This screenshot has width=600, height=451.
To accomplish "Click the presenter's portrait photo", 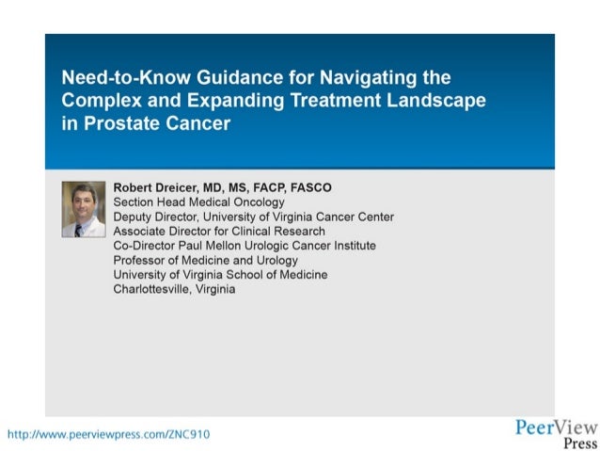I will [x=84, y=208].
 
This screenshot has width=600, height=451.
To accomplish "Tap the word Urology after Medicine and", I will [x=276, y=260].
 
